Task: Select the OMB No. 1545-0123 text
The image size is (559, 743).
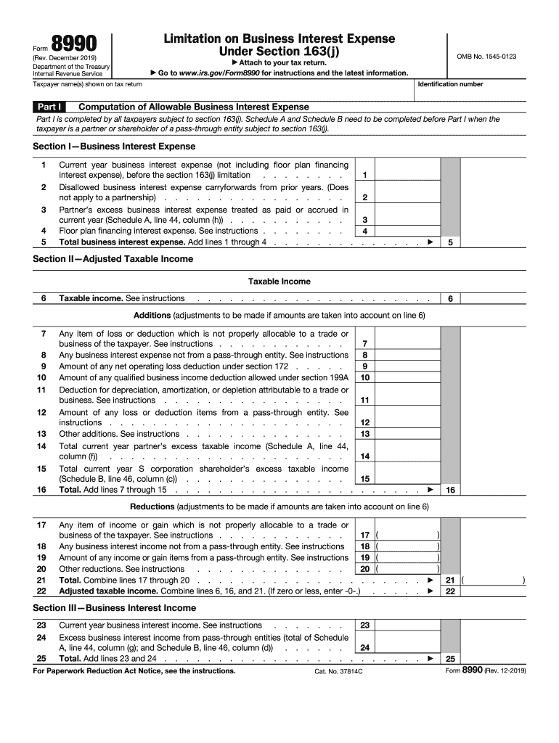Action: point(486,56)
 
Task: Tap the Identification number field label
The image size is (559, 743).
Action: point(450,84)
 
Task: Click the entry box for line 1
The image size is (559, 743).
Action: point(409,175)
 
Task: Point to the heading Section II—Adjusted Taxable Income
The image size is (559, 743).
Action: point(113,259)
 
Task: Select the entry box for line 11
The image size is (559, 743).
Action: point(409,400)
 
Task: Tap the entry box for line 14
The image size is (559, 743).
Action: point(409,456)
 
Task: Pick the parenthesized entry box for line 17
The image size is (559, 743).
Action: point(408,535)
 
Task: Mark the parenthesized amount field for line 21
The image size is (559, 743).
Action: point(494,580)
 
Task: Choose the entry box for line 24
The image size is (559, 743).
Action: point(409,647)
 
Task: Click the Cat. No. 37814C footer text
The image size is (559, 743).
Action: point(338,672)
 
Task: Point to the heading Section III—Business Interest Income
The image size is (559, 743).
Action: point(115,608)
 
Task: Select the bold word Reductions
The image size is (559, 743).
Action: point(152,506)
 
